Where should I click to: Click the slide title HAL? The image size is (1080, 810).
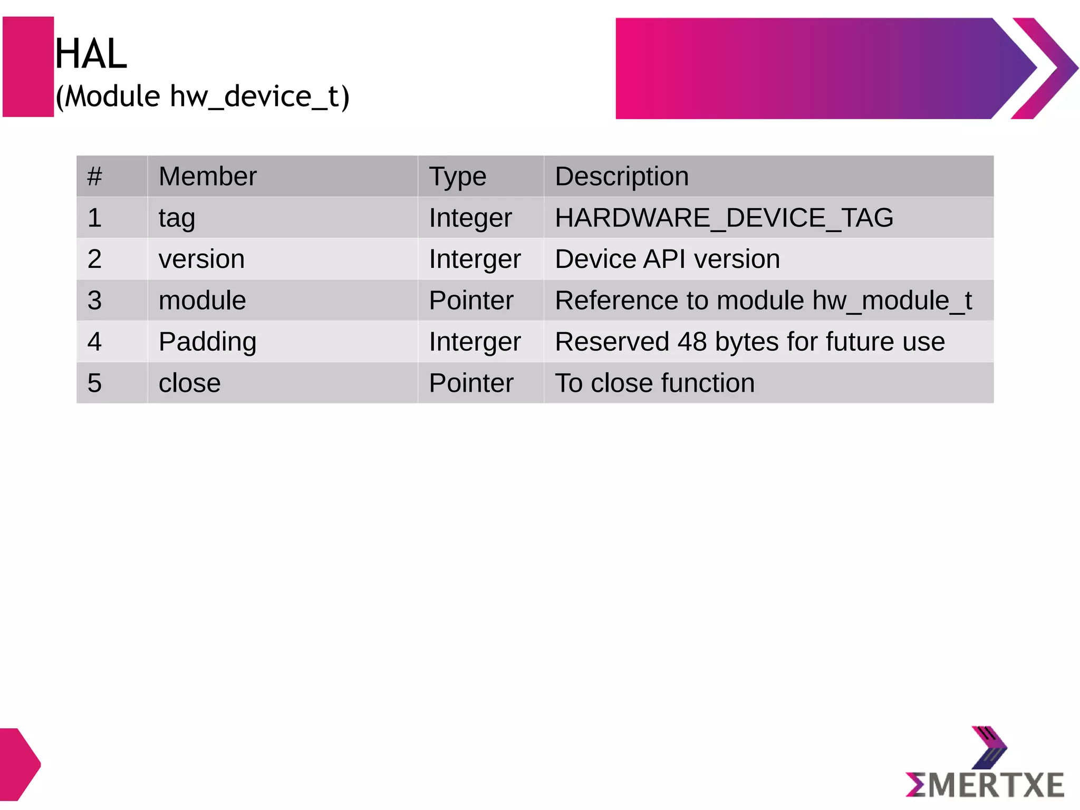[x=91, y=54]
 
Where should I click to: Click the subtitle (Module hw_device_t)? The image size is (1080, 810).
[x=202, y=97]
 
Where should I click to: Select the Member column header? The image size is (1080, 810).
[x=207, y=176]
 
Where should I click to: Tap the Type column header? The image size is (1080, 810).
[x=457, y=177]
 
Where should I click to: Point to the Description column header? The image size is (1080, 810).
[x=622, y=176]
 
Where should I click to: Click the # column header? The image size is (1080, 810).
[x=95, y=176]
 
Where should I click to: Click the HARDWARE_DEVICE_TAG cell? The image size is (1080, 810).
[x=724, y=218]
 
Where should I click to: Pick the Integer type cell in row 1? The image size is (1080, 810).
[x=470, y=218]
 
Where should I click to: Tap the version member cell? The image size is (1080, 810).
[x=201, y=259]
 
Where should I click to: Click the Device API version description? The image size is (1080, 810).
[x=667, y=259]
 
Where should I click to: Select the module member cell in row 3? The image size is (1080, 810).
[x=202, y=301]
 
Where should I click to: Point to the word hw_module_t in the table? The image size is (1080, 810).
[x=892, y=301]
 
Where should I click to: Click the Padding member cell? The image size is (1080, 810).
[x=207, y=342]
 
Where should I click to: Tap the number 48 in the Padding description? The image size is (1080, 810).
[x=692, y=342]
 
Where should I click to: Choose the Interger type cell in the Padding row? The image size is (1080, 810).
[x=475, y=342]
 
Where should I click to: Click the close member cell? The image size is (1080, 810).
[x=189, y=383]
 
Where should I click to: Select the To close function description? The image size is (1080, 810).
[x=654, y=383]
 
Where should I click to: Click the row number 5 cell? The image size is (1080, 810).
[x=95, y=383]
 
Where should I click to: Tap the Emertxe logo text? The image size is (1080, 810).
[x=985, y=785]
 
